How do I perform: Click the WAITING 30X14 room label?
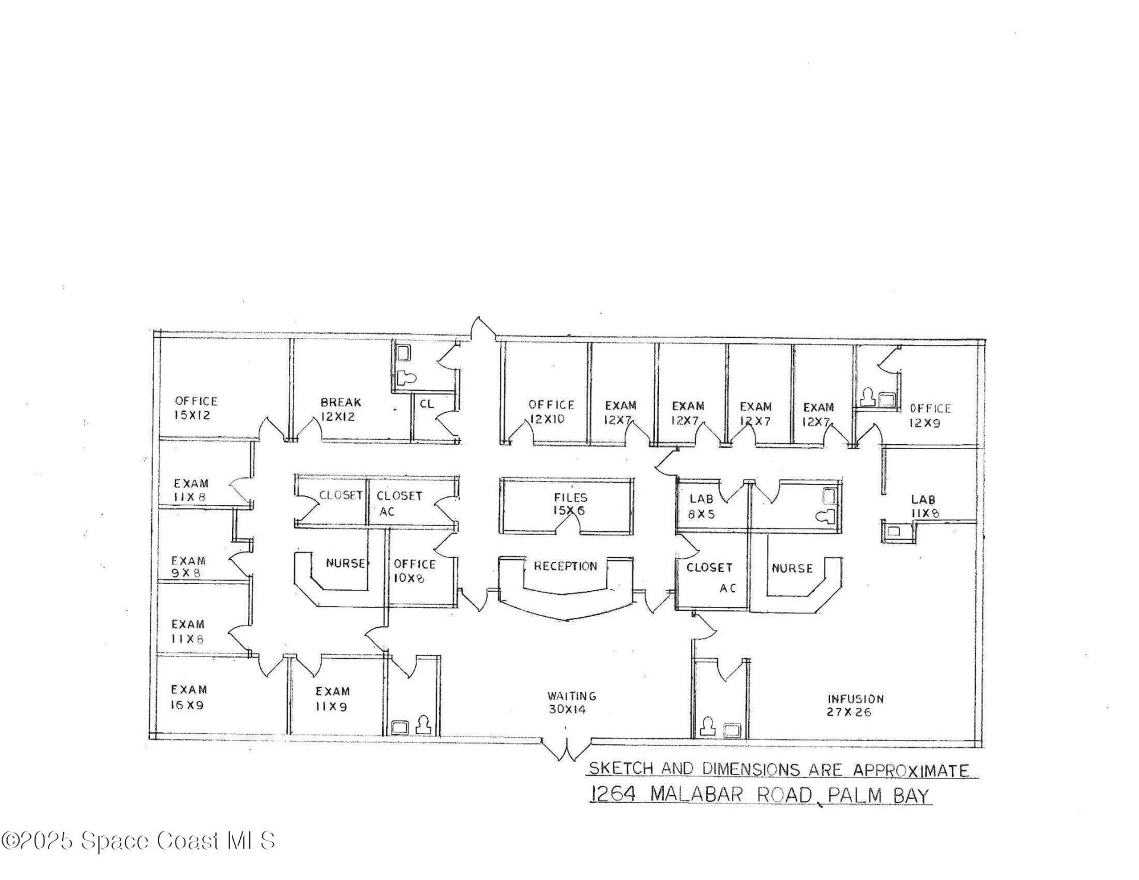point(571,703)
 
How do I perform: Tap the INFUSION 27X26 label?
point(855,706)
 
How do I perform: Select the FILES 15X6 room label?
point(570,504)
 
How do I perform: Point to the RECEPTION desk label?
point(565,566)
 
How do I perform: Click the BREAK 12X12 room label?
point(340,409)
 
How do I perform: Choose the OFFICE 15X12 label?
point(195,408)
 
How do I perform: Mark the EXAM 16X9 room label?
point(189,697)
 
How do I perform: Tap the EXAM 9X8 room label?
point(188,566)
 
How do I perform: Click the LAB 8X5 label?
point(702,507)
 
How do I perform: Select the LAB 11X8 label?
point(924,507)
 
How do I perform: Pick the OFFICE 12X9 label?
point(930,415)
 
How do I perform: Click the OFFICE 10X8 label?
point(414,570)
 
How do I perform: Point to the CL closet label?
point(427,404)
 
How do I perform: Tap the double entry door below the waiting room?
point(567,748)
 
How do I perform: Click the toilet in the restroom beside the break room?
point(406,377)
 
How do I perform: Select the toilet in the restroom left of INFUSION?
point(708,726)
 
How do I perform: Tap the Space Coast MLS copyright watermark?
point(138,840)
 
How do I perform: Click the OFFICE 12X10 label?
point(551,412)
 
